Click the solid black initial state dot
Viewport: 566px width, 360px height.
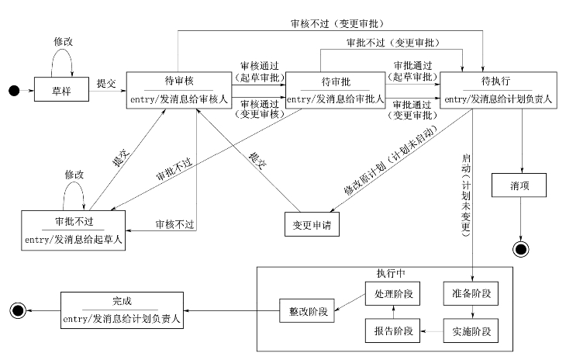[13, 92]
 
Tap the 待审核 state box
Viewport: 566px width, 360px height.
[178, 90]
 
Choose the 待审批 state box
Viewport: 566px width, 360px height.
[336, 90]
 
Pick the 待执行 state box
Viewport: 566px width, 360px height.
[497, 90]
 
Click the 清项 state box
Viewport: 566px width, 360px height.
[519, 186]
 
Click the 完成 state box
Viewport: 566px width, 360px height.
[122, 310]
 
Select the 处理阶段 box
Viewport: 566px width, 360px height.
[392, 296]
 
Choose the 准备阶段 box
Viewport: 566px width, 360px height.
[470, 296]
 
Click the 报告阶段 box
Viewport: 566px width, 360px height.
[392, 331]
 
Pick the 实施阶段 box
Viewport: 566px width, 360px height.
[470, 331]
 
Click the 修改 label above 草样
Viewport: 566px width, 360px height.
[64, 40]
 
